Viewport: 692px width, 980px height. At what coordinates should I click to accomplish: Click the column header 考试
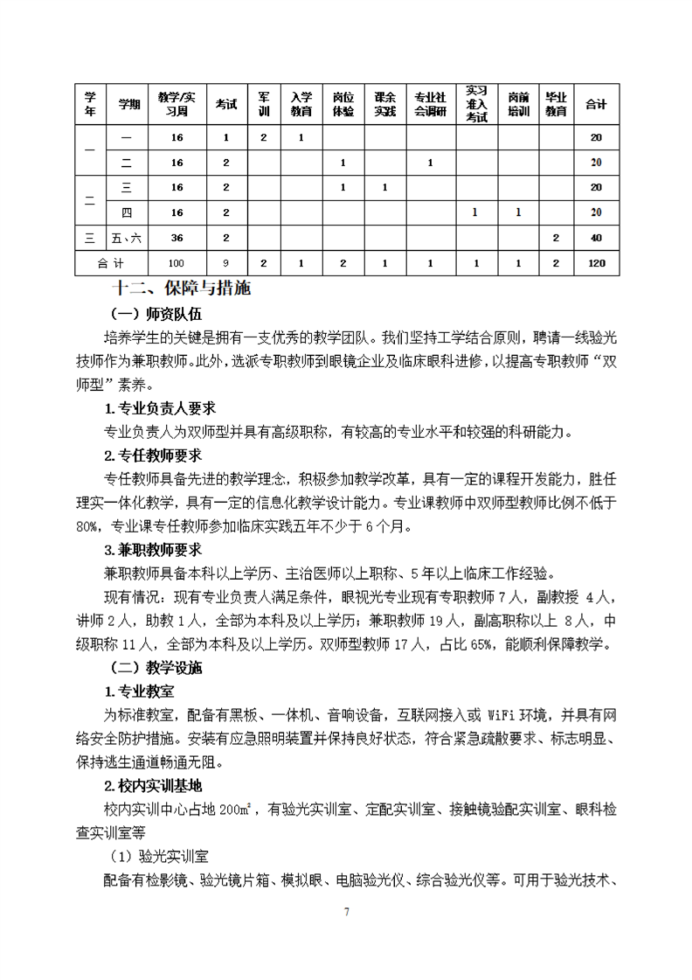click(x=226, y=104)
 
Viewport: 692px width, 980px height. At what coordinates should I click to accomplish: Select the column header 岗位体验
click(x=343, y=104)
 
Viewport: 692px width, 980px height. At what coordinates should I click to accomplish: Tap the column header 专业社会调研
click(x=430, y=104)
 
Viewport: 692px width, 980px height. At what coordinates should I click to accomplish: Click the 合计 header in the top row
click(x=597, y=104)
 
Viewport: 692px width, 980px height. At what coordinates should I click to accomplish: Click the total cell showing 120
click(x=597, y=262)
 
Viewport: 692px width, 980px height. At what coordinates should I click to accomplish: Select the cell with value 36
click(x=177, y=237)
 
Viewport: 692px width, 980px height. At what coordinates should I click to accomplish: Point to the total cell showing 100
click(x=177, y=262)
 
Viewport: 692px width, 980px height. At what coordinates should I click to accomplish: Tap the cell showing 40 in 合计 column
click(x=597, y=237)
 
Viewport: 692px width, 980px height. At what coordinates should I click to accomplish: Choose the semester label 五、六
click(x=126, y=237)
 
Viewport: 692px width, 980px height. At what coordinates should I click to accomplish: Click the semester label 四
click(x=126, y=212)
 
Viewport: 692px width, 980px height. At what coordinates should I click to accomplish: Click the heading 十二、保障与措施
click(x=182, y=288)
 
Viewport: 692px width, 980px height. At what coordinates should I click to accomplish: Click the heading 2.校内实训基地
click(x=154, y=785)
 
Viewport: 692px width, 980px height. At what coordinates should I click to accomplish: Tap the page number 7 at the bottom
click(x=347, y=913)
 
